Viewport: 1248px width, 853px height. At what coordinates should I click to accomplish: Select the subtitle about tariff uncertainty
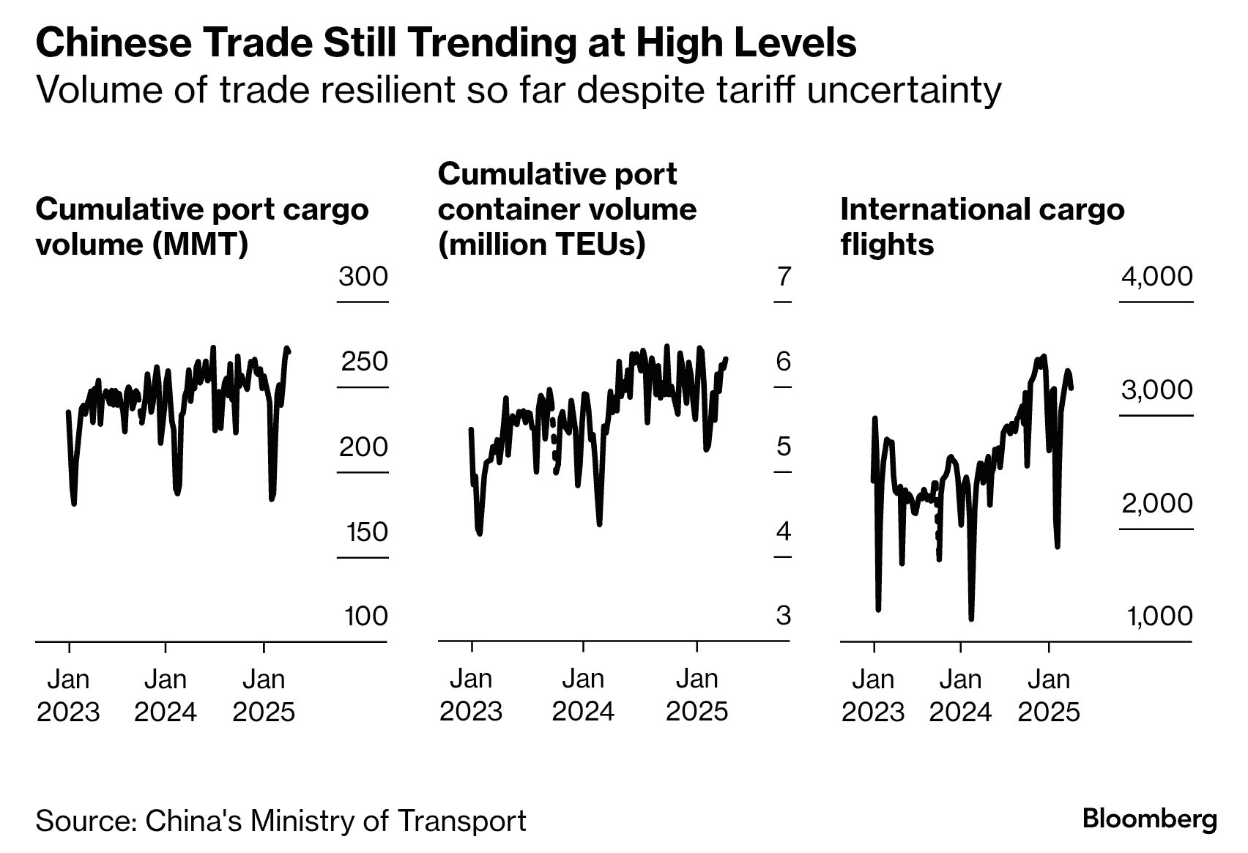pos(518,90)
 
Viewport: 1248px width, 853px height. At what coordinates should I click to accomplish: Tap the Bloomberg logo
pos(1149,819)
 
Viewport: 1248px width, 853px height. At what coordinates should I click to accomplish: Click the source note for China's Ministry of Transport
pos(281,821)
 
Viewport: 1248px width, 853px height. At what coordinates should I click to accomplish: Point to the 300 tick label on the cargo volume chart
pos(363,277)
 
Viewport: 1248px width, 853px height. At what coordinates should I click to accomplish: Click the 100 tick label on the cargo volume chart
pos(366,617)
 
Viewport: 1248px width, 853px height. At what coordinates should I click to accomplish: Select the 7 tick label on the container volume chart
pos(784,277)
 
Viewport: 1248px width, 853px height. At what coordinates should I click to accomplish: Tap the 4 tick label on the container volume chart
pos(784,532)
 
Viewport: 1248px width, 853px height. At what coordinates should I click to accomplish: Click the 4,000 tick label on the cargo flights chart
pos(1156,277)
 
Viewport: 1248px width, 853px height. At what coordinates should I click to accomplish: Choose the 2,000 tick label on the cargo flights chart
pos(1156,504)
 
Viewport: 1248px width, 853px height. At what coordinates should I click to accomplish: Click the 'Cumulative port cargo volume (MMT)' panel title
pos(201,226)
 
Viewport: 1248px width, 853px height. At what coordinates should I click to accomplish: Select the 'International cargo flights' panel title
pos(981,226)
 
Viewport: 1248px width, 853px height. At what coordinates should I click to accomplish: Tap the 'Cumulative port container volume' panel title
pos(567,209)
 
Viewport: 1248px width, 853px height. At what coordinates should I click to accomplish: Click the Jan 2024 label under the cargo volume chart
pos(166,696)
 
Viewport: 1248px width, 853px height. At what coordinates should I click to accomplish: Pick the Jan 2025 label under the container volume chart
pos(697,696)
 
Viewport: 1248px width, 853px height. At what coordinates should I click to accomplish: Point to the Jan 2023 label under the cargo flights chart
pos(873,696)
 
